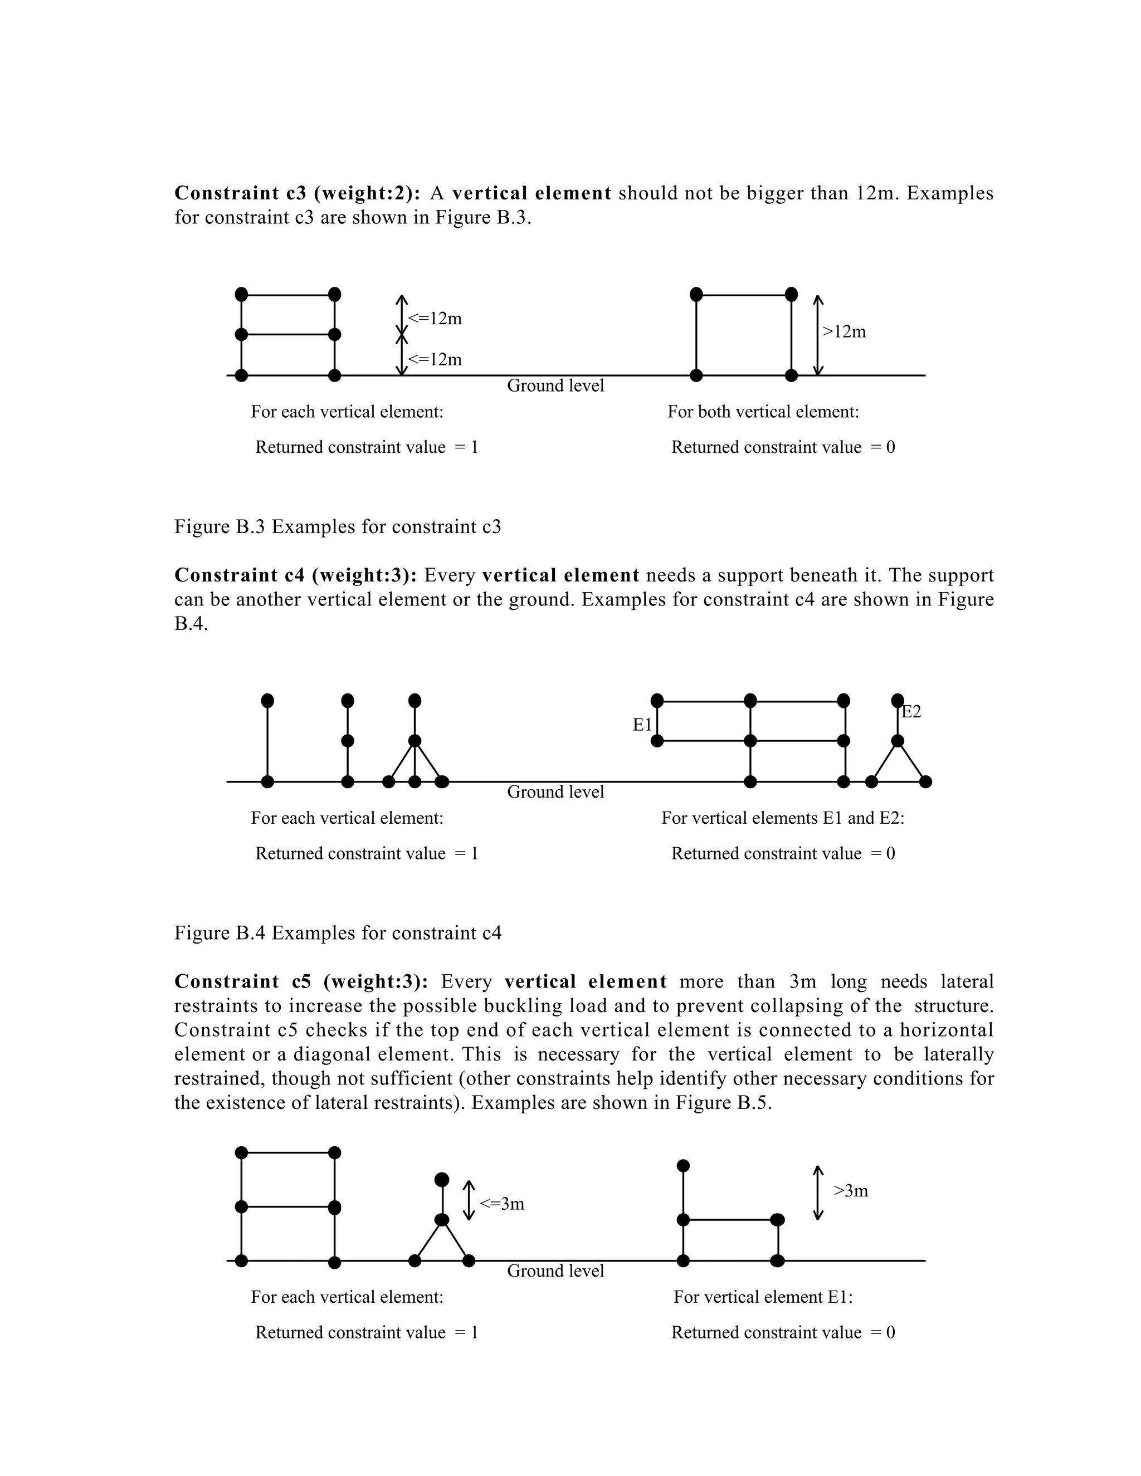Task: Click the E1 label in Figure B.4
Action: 642,725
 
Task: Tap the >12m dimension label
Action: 843,332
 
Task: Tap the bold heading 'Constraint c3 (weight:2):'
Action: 298,193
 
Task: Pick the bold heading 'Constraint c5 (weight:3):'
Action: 301,981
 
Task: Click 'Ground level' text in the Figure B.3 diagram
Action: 555,386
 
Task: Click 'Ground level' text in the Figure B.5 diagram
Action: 555,1270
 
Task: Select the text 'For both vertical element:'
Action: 763,412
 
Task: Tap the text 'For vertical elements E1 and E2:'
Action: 782,818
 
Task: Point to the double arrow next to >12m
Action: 818,335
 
